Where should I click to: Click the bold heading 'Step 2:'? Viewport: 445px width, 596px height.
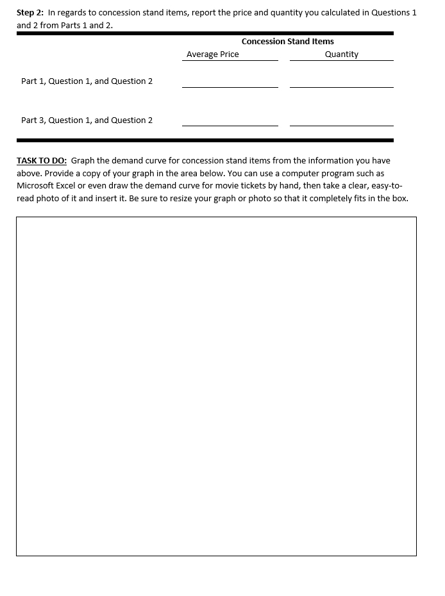click(30, 13)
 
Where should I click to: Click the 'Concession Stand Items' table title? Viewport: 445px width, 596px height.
click(287, 42)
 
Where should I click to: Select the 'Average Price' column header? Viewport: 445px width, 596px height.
click(212, 54)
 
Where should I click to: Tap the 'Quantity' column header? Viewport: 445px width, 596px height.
click(341, 54)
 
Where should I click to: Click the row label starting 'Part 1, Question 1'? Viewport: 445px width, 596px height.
click(87, 81)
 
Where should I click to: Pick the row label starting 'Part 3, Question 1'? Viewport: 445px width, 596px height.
click(87, 120)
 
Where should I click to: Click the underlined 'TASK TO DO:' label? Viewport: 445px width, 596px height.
click(42, 161)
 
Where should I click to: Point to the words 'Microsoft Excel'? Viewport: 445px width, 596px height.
click(46, 186)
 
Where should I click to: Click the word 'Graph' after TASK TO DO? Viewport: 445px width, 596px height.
click(83, 161)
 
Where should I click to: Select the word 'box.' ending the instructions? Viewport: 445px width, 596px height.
click(399, 199)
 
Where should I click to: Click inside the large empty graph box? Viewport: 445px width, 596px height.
click(216, 386)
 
